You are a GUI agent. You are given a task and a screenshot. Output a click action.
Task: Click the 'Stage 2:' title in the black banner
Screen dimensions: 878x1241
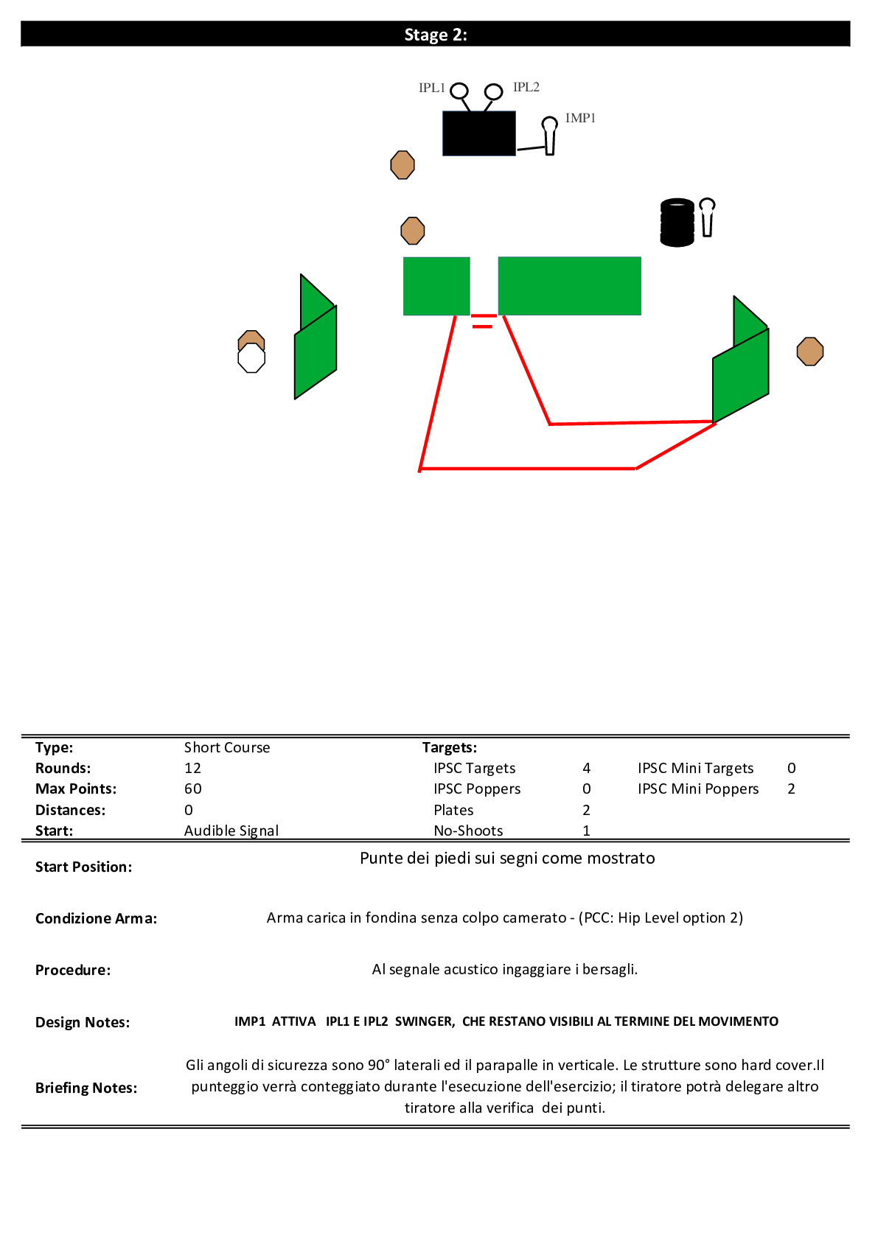click(436, 35)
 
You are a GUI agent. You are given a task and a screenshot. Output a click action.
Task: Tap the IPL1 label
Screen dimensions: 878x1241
click(432, 88)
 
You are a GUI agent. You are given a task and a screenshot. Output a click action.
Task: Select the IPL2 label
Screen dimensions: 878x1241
click(526, 87)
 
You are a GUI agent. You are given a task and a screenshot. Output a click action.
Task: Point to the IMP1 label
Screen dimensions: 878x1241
click(580, 118)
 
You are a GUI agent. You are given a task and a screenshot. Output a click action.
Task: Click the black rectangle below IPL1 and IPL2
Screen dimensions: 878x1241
click(479, 133)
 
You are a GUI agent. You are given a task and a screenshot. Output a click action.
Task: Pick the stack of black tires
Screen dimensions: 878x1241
click(677, 222)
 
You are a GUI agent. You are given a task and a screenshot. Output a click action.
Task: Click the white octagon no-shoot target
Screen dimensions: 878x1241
click(251, 358)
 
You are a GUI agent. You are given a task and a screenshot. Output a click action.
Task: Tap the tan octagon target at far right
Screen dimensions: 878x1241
click(810, 352)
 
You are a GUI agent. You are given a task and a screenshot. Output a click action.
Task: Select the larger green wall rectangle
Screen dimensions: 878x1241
click(569, 286)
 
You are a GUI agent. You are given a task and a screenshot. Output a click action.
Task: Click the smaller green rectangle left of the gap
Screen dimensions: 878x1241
click(436, 287)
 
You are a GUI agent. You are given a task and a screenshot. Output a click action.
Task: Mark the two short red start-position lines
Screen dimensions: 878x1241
click(483, 321)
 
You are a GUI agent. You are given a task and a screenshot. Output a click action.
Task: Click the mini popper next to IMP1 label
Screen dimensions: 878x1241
click(549, 136)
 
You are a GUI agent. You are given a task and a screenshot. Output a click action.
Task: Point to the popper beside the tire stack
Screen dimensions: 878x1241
click(707, 217)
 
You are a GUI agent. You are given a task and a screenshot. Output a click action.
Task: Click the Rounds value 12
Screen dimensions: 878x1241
click(192, 768)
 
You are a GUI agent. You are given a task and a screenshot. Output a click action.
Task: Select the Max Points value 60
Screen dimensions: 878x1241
click(193, 789)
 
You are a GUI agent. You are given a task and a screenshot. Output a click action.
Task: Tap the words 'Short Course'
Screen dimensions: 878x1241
click(227, 747)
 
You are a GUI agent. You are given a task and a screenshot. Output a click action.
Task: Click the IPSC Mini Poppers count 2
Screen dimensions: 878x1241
click(791, 789)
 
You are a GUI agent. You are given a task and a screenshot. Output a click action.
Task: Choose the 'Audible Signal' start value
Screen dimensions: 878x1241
click(231, 831)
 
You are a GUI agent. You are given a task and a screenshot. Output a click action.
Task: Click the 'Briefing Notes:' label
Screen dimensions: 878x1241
click(86, 1088)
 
